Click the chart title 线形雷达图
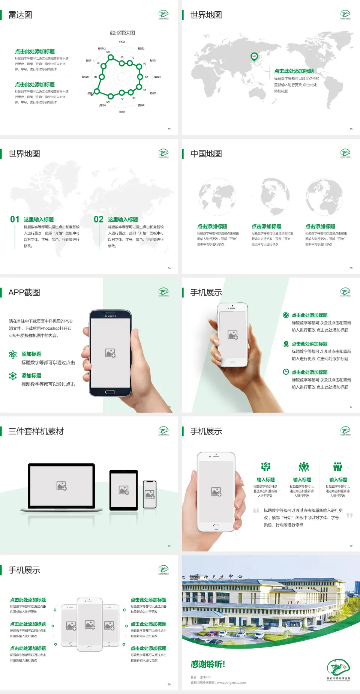pos(122,33)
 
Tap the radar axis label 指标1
pos(122,42)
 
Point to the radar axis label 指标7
pos(122,112)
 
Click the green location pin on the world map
pos(254,57)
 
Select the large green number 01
pos(15,219)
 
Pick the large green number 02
pos(99,219)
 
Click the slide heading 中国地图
pos(206,154)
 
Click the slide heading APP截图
pos(24,293)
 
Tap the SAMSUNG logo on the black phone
pos(110,316)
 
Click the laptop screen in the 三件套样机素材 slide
pos(61,485)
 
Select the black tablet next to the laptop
pos(124,490)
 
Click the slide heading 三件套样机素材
pos(36,431)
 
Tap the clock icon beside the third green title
pos(286,372)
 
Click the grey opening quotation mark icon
pos(256,510)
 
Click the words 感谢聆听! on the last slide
pos(208,664)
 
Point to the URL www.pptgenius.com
pos(231,683)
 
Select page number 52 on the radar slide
pos(169,129)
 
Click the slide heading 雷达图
pos(20,15)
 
